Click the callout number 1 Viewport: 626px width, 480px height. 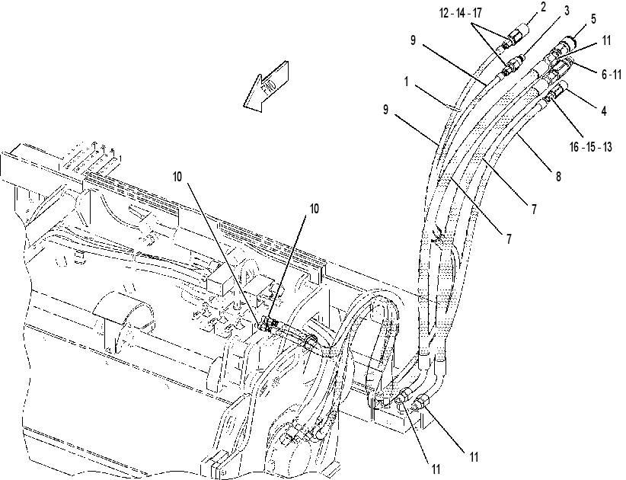[406, 82]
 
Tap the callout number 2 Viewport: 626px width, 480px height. [543, 8]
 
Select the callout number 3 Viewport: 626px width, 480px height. [567, 11]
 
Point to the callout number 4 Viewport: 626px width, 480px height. [604, 110]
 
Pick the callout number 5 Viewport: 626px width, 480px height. [593, 18]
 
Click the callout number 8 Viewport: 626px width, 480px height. [558, 175]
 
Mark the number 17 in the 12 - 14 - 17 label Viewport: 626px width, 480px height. [477, 13]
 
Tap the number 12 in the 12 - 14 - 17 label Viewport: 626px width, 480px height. [444, 13]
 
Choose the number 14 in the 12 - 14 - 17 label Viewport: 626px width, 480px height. [460, 13]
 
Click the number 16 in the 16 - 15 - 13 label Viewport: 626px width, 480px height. [575, 147]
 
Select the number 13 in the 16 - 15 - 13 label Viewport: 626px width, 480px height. [607, 147]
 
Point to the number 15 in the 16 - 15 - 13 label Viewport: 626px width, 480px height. [591, 147]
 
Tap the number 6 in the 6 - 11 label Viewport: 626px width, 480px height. [605, 74]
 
